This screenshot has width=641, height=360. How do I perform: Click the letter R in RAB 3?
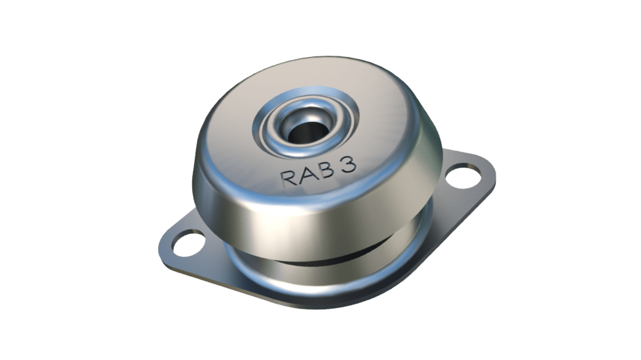coord(290,177)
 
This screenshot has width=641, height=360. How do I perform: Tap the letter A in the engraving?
coord(307,175)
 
